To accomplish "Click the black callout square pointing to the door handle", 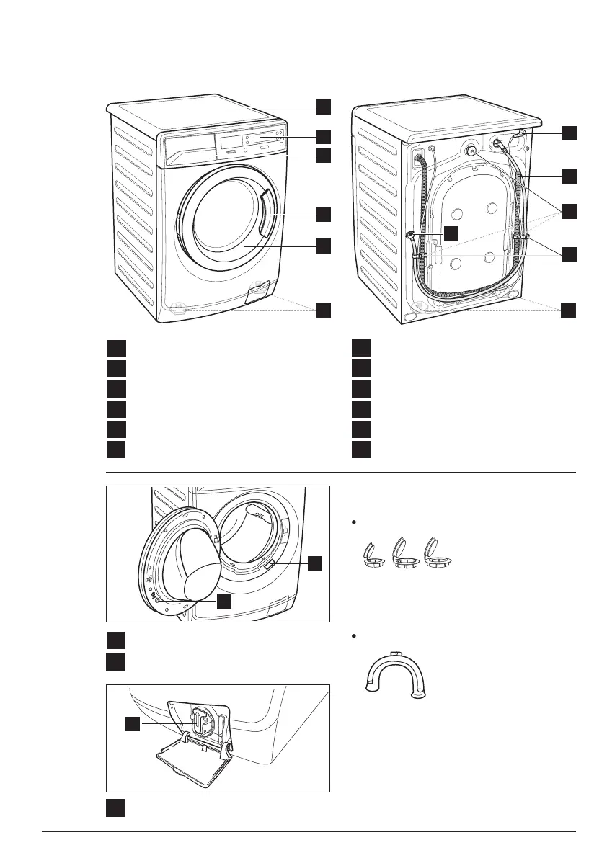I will (323, 214).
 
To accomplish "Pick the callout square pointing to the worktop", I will (323, 107).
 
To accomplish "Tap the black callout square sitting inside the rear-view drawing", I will (451, 233).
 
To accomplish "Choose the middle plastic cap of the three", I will (401, 553).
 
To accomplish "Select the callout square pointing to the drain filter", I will (132, 724).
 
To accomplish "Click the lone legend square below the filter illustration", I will (115, 808).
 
